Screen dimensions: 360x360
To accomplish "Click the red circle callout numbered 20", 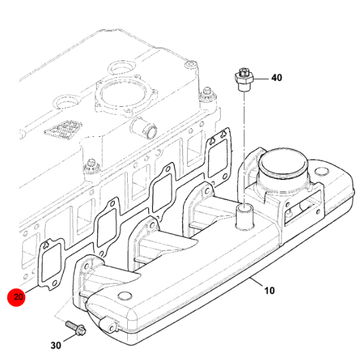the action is click(x=16, y=297).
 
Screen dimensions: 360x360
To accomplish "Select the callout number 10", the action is click(x=269, y=290).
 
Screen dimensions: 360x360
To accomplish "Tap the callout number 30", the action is click(x=56, y=346).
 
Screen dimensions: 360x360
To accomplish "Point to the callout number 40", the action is click(x=277, y=77).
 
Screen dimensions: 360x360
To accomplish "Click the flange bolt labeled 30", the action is click(x=76, y=328).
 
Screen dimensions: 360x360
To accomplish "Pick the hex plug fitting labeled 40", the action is click(x=244, y=79).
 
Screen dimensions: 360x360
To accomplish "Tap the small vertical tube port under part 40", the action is click(x=245, y=217).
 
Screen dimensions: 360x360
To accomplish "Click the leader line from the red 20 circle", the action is click(x=31, y=289).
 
